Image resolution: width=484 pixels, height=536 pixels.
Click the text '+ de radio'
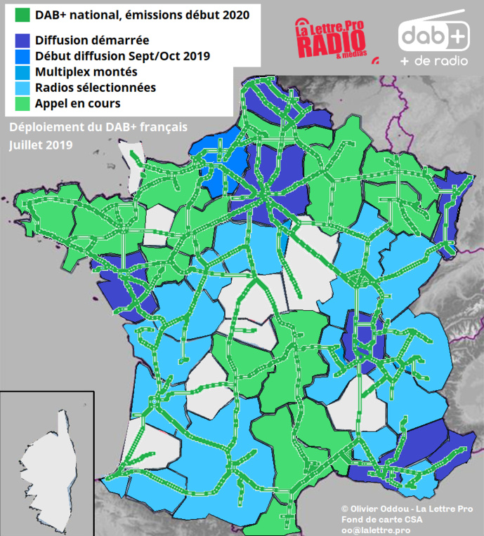pyautogui.click(x=433, y=62)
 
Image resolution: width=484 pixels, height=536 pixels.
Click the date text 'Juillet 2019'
pyautogui.click(x=41, y=145)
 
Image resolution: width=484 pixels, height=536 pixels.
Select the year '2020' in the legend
pyautogui.click(x=235, y=14)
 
